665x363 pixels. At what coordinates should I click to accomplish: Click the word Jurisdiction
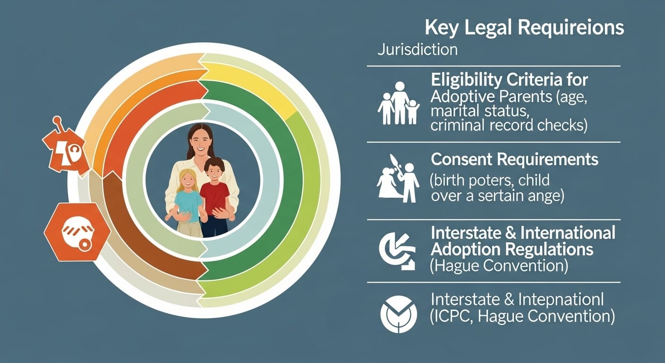click(417, 50)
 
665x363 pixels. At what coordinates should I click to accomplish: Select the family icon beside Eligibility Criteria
click(399, 104)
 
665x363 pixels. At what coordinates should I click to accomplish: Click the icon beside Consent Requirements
click(398, 180)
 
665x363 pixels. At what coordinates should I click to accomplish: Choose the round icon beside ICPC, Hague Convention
click(398, 312)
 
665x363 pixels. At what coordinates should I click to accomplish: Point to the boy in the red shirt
click(215, 194)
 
